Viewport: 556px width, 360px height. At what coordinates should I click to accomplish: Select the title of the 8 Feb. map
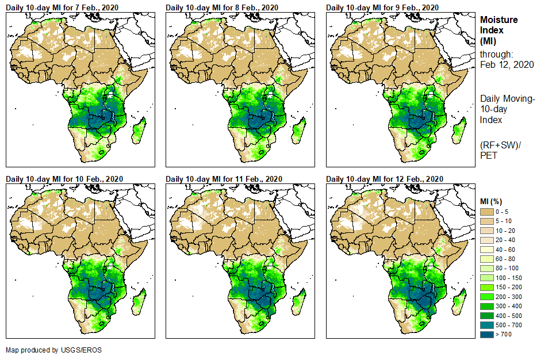tap(222, 7)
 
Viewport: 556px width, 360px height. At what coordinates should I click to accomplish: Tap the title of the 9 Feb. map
tap(382, 7)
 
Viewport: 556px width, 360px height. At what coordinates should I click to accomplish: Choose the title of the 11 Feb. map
tap(224, 178)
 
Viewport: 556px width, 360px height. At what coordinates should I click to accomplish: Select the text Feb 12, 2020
tap(507, 64)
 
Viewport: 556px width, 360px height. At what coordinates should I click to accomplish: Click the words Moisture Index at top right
tap(499, 25)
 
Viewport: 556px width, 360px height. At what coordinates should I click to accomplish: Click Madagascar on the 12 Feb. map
tap(459, 302)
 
